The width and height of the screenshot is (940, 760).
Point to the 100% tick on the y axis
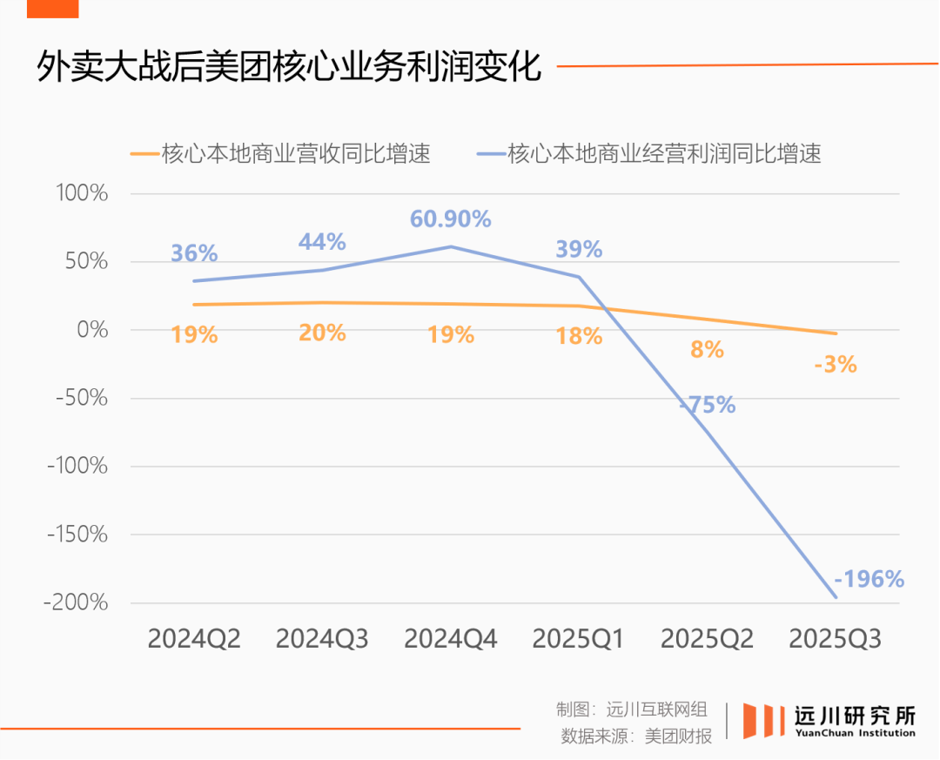pos(82,193)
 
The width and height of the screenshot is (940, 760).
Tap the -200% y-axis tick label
pos(76,602)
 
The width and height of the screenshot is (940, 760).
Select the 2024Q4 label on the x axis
pos(451,639)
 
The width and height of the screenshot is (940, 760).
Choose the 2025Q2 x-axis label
pos(707,639)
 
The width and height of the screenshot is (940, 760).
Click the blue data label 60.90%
pos(451,219)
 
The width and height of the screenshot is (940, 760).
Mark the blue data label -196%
pos(869,578)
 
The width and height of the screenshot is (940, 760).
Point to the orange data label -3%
pos(836,365)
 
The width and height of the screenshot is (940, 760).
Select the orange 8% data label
pos(708,350)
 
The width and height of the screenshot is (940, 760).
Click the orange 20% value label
pos(323,333)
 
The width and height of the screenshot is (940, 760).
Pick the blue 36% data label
pos(194,253)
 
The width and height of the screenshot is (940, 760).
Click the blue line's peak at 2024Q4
pos(451,246)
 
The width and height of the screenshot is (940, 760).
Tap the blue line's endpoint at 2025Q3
pos(836,597)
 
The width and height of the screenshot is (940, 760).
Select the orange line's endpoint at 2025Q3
pos(836,333)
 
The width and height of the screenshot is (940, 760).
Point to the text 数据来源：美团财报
pos(636,736)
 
